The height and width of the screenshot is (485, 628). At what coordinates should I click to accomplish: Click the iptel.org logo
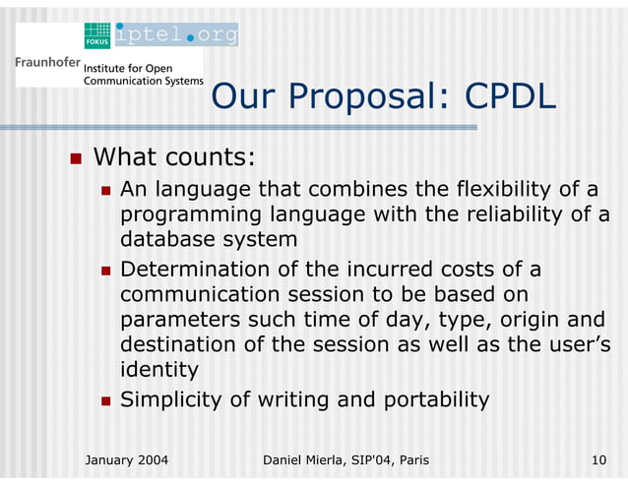[176, 35]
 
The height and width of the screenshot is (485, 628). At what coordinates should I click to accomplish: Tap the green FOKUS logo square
[97, 35]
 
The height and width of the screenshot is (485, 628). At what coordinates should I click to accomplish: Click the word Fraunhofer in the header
[47, 63]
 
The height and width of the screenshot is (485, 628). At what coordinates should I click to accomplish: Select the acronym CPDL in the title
[510, 96]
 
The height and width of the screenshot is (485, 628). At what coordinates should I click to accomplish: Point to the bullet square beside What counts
[74, 158]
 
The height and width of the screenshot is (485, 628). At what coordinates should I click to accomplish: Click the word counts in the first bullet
[215, 157]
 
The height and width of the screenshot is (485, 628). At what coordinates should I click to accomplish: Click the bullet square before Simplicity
[105, 400]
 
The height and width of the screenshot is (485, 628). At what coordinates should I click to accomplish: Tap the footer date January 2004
[127, 459]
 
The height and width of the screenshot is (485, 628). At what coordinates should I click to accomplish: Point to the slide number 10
[598, 459]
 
